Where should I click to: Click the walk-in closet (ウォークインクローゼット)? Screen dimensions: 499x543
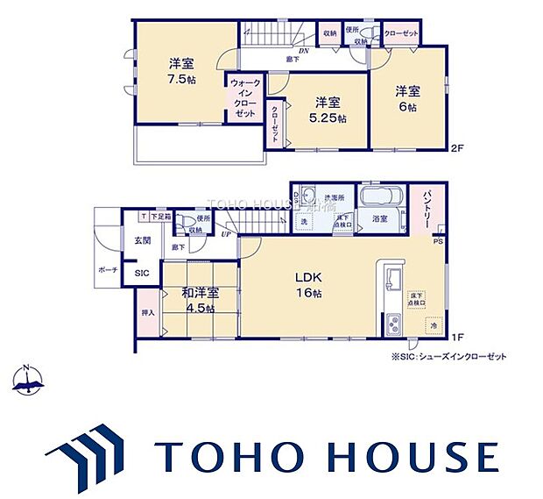pos(244,99)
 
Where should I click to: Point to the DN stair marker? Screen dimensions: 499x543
pos(303,53)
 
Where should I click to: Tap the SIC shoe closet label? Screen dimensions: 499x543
pos(141,274)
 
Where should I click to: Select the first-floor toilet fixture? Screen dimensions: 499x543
pos(186,220)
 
